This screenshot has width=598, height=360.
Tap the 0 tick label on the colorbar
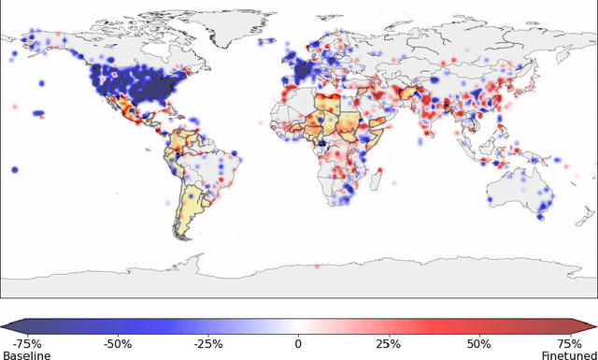299,343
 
